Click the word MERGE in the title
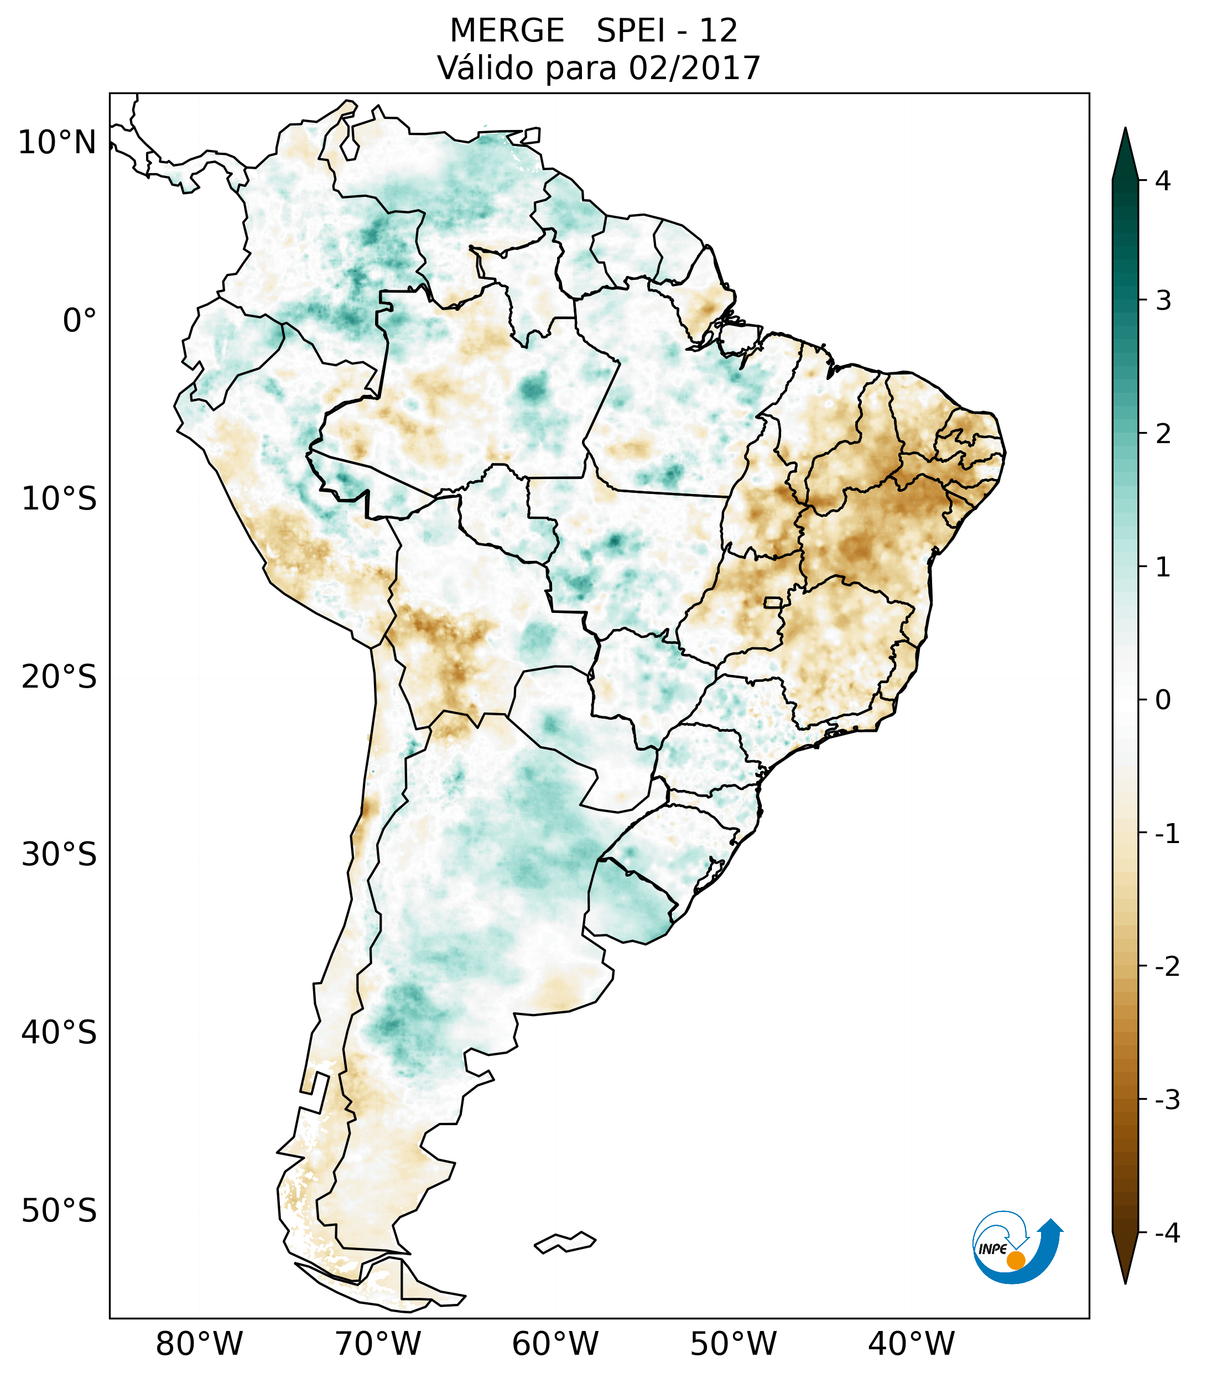click(x=506, y=31)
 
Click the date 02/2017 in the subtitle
click(x=694, y=68)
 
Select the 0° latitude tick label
click(x=80, y=321)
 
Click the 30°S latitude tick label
click(x=59, y=854)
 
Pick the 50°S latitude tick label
click(x=59, y=1211)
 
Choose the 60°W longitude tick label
click(x=555, y=1343)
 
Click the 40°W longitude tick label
click(x=912, y=1343)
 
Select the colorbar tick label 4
click(x=1163, y=181)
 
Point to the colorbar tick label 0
click(x=1163, y=700)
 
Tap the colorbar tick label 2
click(x=1163, y=434)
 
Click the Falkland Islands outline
click(x=565, y=1242)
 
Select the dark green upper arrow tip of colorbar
click(x=1125, y=152)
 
